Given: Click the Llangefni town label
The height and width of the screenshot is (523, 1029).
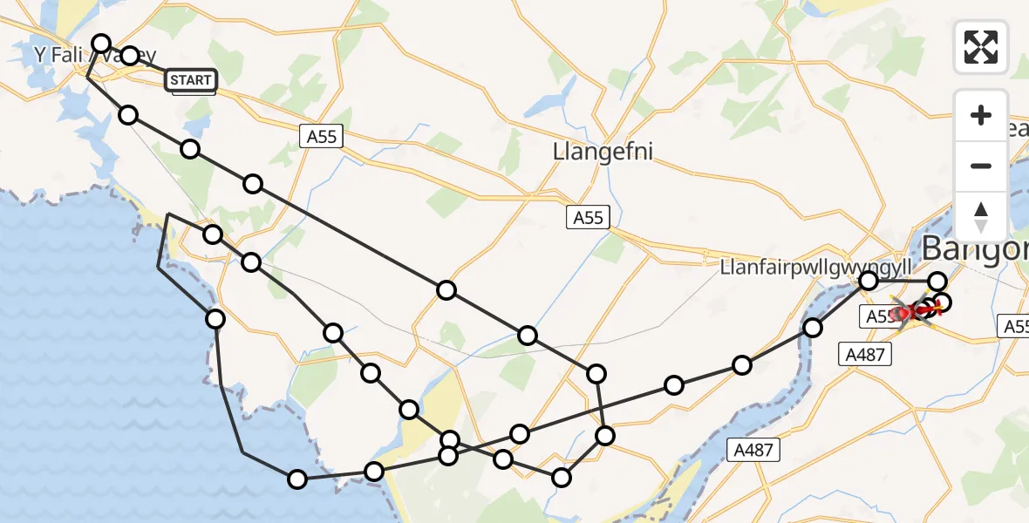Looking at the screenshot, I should point(603,151).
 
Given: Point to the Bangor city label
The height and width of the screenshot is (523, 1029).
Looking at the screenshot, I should point(974,248).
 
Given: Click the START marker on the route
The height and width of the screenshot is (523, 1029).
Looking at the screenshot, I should point(191,80).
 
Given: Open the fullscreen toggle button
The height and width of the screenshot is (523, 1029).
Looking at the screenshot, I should point(981,46).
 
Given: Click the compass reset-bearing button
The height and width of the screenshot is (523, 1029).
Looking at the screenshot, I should point(981,217).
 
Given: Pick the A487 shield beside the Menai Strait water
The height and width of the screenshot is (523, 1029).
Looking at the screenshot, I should point(753,449).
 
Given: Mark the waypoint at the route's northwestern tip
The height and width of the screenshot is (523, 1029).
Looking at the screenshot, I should point(101,44).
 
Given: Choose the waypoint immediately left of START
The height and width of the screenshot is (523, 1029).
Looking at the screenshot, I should point(130,56).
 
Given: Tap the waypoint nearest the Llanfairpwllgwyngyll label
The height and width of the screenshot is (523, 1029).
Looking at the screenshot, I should point(869,280).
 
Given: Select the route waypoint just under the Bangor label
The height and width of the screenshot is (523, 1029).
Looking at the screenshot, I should point(937,281).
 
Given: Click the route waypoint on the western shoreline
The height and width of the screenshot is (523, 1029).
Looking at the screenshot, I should point(215,319).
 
